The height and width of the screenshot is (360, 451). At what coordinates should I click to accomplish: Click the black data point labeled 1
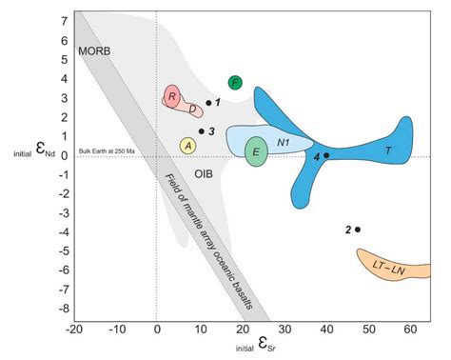tap(208, 103)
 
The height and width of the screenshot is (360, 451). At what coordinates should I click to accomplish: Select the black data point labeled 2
tap(358, 230)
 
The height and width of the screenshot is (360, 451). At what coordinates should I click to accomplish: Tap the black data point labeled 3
tap(202, 131)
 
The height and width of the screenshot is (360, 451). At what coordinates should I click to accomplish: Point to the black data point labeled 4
tap(326, 155)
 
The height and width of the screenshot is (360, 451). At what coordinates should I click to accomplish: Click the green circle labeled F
tap(235, 83)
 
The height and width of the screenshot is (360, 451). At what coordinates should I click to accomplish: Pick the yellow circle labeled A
tap(188, 146)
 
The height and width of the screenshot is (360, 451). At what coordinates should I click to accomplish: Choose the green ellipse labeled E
tap(256, 151)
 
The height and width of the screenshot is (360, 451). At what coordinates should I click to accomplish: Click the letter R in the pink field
tap(172, 95)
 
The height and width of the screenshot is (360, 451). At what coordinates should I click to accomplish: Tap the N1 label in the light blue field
tap(284, 142)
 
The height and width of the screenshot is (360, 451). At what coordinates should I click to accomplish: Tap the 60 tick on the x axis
tap(411, 330)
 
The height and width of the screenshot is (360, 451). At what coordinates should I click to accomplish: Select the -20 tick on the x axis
tap(73, 330)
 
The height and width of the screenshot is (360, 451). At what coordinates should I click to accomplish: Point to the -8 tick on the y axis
tap(61, 309)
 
